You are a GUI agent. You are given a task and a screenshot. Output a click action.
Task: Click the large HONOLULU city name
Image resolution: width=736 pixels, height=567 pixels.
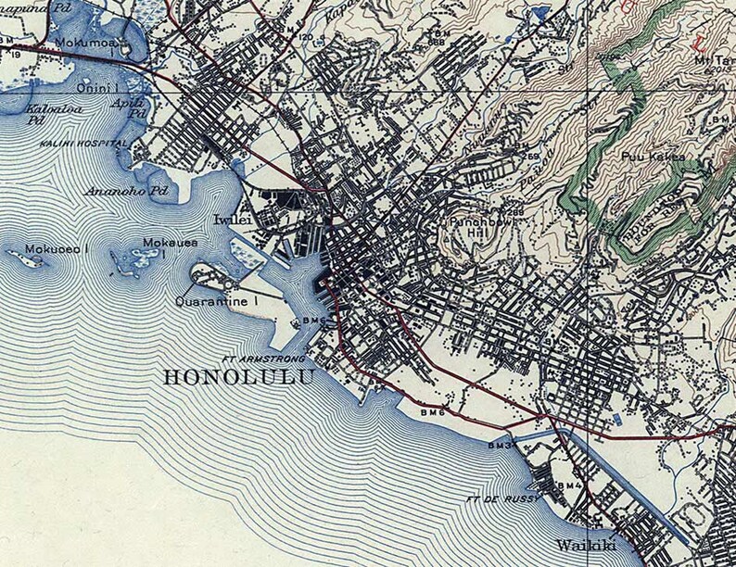click(x=238, y=377)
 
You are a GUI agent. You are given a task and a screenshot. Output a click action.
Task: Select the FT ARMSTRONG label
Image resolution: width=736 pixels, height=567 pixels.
click(x=253, y=358)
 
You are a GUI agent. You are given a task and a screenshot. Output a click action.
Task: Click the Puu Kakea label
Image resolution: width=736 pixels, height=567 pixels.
click(x=654, y=157)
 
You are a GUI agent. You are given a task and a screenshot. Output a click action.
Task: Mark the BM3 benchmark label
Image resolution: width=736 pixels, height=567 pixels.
click(x=501, y=446)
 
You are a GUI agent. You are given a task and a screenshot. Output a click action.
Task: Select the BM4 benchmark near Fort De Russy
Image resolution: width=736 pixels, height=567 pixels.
click(x=569, y=485)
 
